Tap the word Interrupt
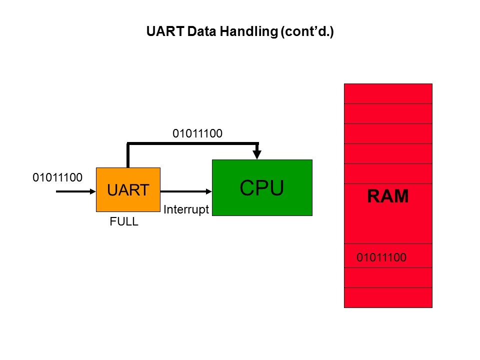pyautogui.click(x=185, y=210)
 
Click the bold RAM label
pyautogui.click(x=388, y=197)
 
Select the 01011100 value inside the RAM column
pyautogui.click(x=381, y=258)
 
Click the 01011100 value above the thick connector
pyautogui.click(x=197, y=133)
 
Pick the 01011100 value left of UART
pyautogui.click(x=57, y=177)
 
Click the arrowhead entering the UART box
pyautogui.click(x=92, y=190)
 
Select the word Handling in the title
pyautogui.click(x=252, y=32)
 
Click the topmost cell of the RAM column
pyautogui.click(x=388, y=93)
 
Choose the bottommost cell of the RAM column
pyautogui.click(x=388, y=297)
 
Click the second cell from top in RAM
pyautogui.click(x=388, y=113)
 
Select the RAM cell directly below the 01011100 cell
pyautogui.click(x=388, y=277)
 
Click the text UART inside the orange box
pyautogui.click(x=128, y=190)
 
